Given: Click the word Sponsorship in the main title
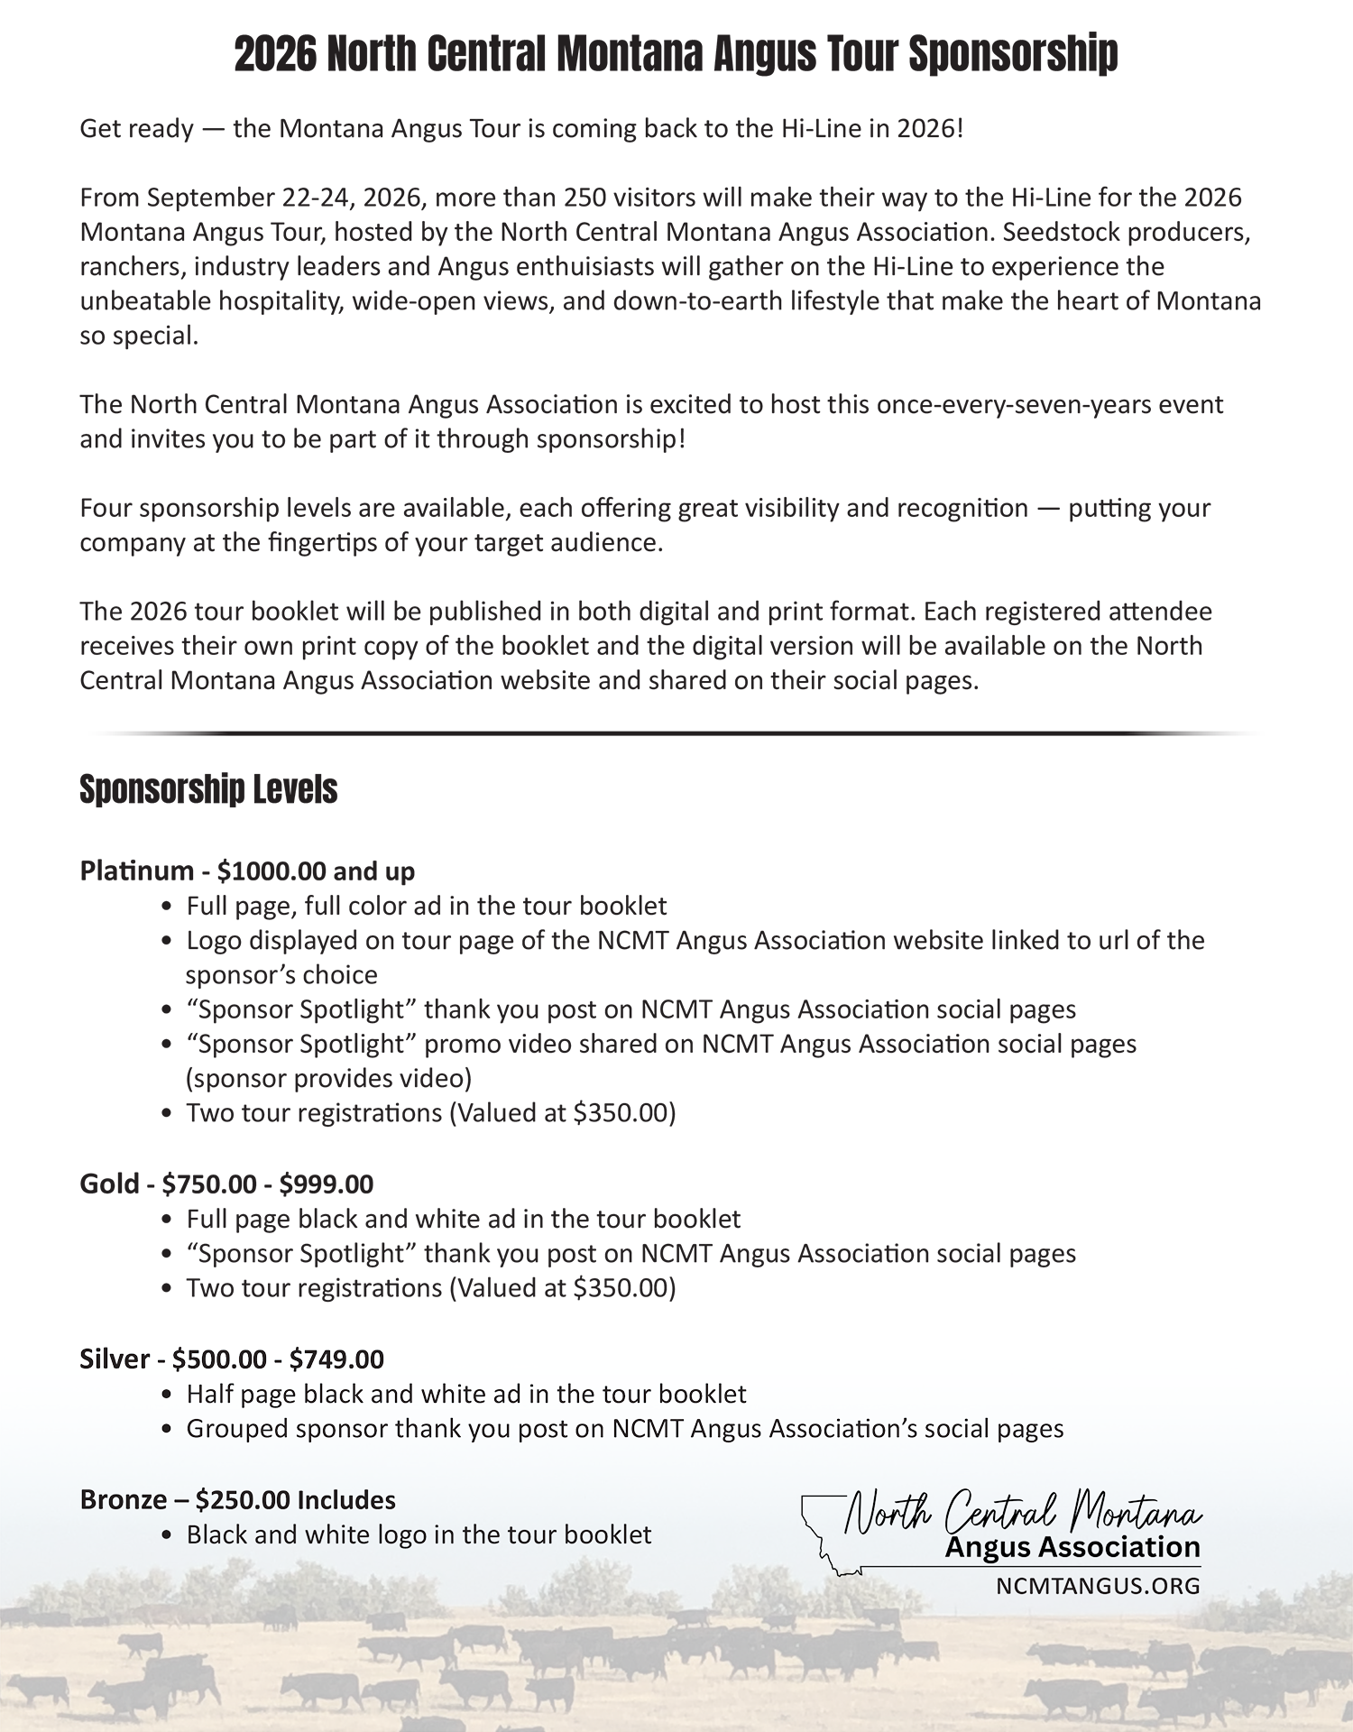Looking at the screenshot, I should click(1013, 54).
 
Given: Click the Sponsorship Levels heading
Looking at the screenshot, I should click(208, 789).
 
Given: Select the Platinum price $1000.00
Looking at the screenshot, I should click(272, 871).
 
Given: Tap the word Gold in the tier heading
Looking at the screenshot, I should click(109, 1184).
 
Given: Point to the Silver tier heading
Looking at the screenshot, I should click(231, 1359).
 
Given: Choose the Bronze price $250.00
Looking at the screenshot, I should click(243, 1499).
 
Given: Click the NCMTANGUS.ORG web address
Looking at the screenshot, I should click(1098, 1585).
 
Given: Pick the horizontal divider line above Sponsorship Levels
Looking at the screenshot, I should click(676, 733).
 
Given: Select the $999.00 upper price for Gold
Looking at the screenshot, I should click(326, 1184).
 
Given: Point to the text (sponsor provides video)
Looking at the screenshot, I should click(328, 1078).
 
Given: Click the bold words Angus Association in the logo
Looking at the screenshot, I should click(1072, 1547).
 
